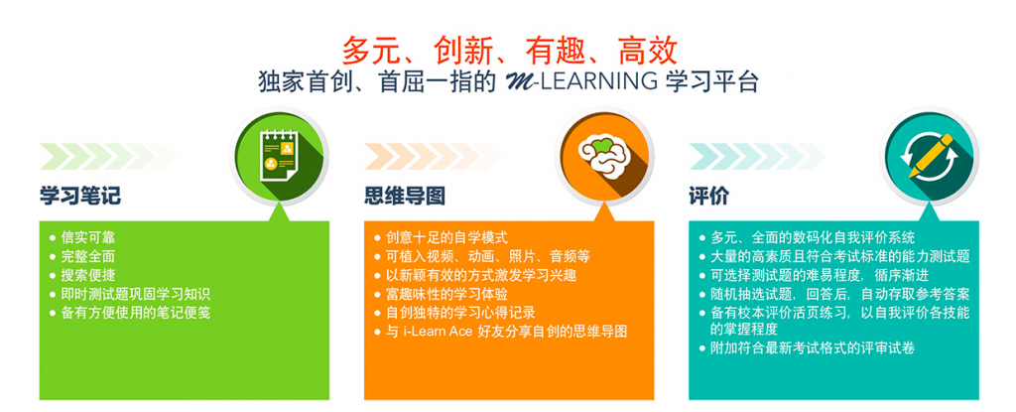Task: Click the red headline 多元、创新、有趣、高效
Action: (509, 50)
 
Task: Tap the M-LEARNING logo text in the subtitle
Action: (576, 83)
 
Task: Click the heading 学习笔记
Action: (80, 196)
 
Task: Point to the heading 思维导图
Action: (405, 196)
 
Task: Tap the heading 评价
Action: (709, 196)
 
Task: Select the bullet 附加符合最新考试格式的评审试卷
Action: (808, 348)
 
